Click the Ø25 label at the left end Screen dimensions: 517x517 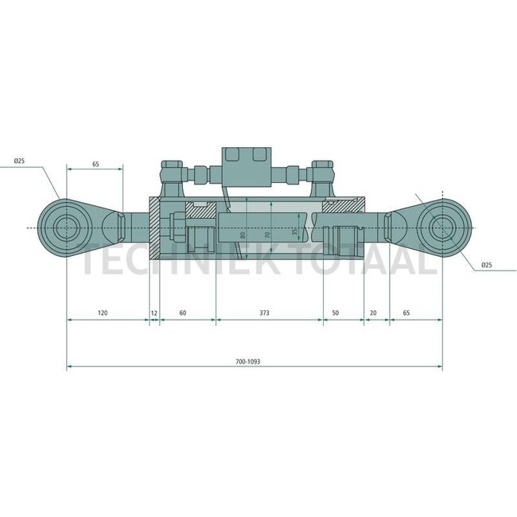pyautogui.click(x=19, y=161)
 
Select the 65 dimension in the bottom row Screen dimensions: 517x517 pyautogui.click(x=406, y=313)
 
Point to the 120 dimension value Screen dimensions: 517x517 pyautogui.click(x=102, y=313)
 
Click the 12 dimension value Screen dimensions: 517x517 pyautogui.click(x=154, y=313)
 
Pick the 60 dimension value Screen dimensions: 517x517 pyautogui.click(x=182, y=313)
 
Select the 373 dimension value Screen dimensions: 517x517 pyautogui.click(x=264, y=313)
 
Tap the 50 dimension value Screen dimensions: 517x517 pyautogui.click(x=335, y=313)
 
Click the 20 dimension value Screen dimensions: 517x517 pyautogui.click(x=373, y=313)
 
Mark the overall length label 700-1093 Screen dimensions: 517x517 pyautogui.click(x=248, y=361)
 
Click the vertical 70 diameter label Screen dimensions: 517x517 pyautogui.click(x=268, y=235)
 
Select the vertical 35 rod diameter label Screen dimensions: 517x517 pyautogui.click(x=293, y=232)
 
